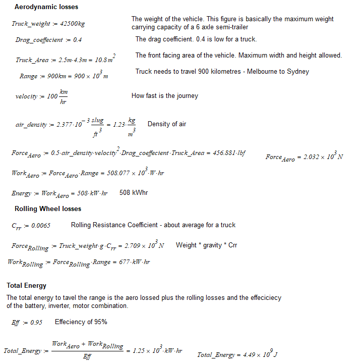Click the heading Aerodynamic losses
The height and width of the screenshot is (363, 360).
(x=46, y=7)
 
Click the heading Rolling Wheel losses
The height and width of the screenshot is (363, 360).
(x=48, y=209)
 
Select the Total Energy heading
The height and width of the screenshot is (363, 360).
(x=26, y=286)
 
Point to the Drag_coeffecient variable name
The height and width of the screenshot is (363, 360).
(x=38, y=40)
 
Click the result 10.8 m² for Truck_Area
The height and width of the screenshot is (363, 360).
(x=104, y=59)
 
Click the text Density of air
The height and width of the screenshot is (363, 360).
(x=167, y=124)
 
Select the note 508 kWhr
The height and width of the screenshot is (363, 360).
(x=134, y=192)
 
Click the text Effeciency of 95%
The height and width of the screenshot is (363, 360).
(x=81, y=322)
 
